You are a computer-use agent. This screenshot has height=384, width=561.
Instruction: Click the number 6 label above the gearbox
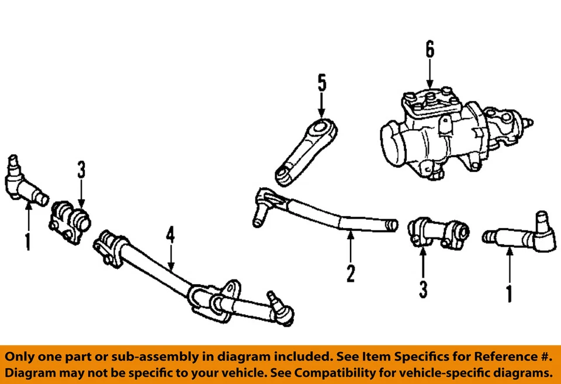pos(430,50)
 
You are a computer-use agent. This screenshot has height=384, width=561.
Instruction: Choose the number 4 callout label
pos(170,236)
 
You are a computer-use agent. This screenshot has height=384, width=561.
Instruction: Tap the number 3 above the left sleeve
pos(81,171)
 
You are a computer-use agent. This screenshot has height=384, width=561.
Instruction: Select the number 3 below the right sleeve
pos(423,289)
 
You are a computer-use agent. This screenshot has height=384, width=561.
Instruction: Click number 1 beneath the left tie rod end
pos(27,241)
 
